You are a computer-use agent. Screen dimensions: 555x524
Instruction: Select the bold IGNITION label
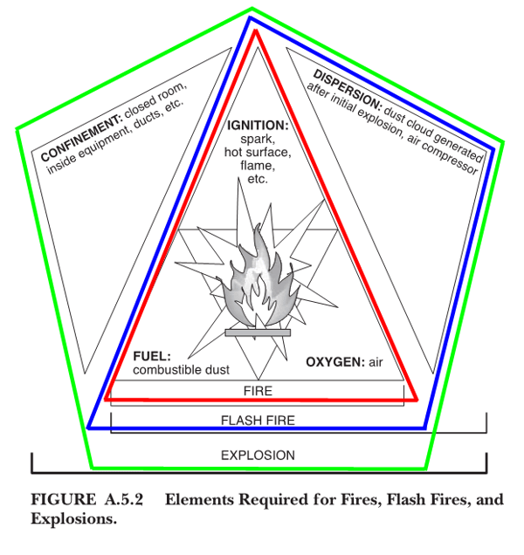[258, 125]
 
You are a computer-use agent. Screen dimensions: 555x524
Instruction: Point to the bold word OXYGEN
[334, 361]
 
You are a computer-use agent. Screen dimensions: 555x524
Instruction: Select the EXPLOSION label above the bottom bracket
[258, 455]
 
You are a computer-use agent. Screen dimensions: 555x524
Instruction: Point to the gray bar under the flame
[257, 332]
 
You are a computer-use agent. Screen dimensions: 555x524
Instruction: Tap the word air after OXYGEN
[376, 361]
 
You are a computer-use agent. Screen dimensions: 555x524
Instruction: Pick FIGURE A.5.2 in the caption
[86, 501]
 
